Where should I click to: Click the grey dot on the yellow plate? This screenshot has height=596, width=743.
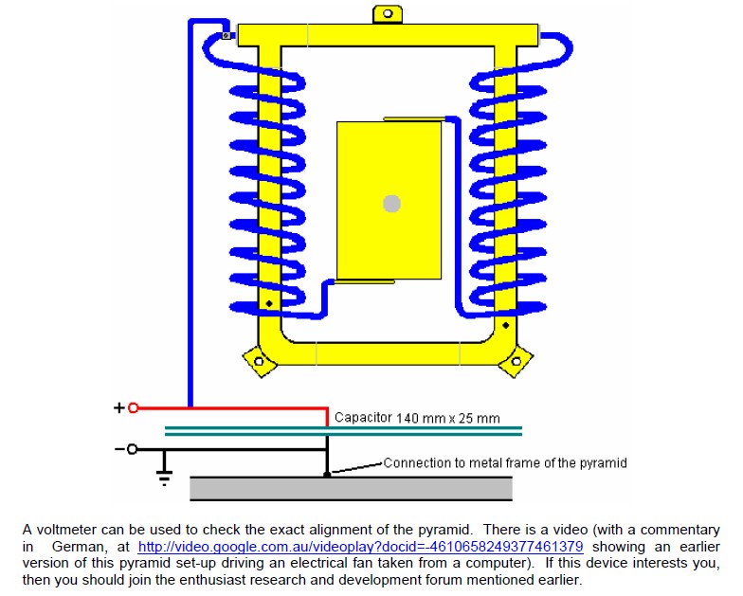click(392, 204)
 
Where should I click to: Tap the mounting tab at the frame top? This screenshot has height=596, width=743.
click(388, 14)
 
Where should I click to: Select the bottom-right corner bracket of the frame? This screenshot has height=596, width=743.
click(516, 362)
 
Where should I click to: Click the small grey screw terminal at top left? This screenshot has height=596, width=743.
click(227, 35)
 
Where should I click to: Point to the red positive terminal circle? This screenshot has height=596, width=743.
click(133, 407)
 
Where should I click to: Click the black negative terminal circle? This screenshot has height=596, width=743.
click(133, 449)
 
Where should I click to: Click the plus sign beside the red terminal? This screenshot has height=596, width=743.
click(119, 407)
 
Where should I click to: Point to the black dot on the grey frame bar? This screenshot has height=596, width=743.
click(327, 474)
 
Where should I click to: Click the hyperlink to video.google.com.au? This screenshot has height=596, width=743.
click(360, 546)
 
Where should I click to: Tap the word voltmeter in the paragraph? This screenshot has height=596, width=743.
click(66, 530)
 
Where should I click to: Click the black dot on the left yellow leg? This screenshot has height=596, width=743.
click(269, 303)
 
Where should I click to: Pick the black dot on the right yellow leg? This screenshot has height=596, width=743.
click(506, 326)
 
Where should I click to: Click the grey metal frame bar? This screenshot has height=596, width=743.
click(351, 489)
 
